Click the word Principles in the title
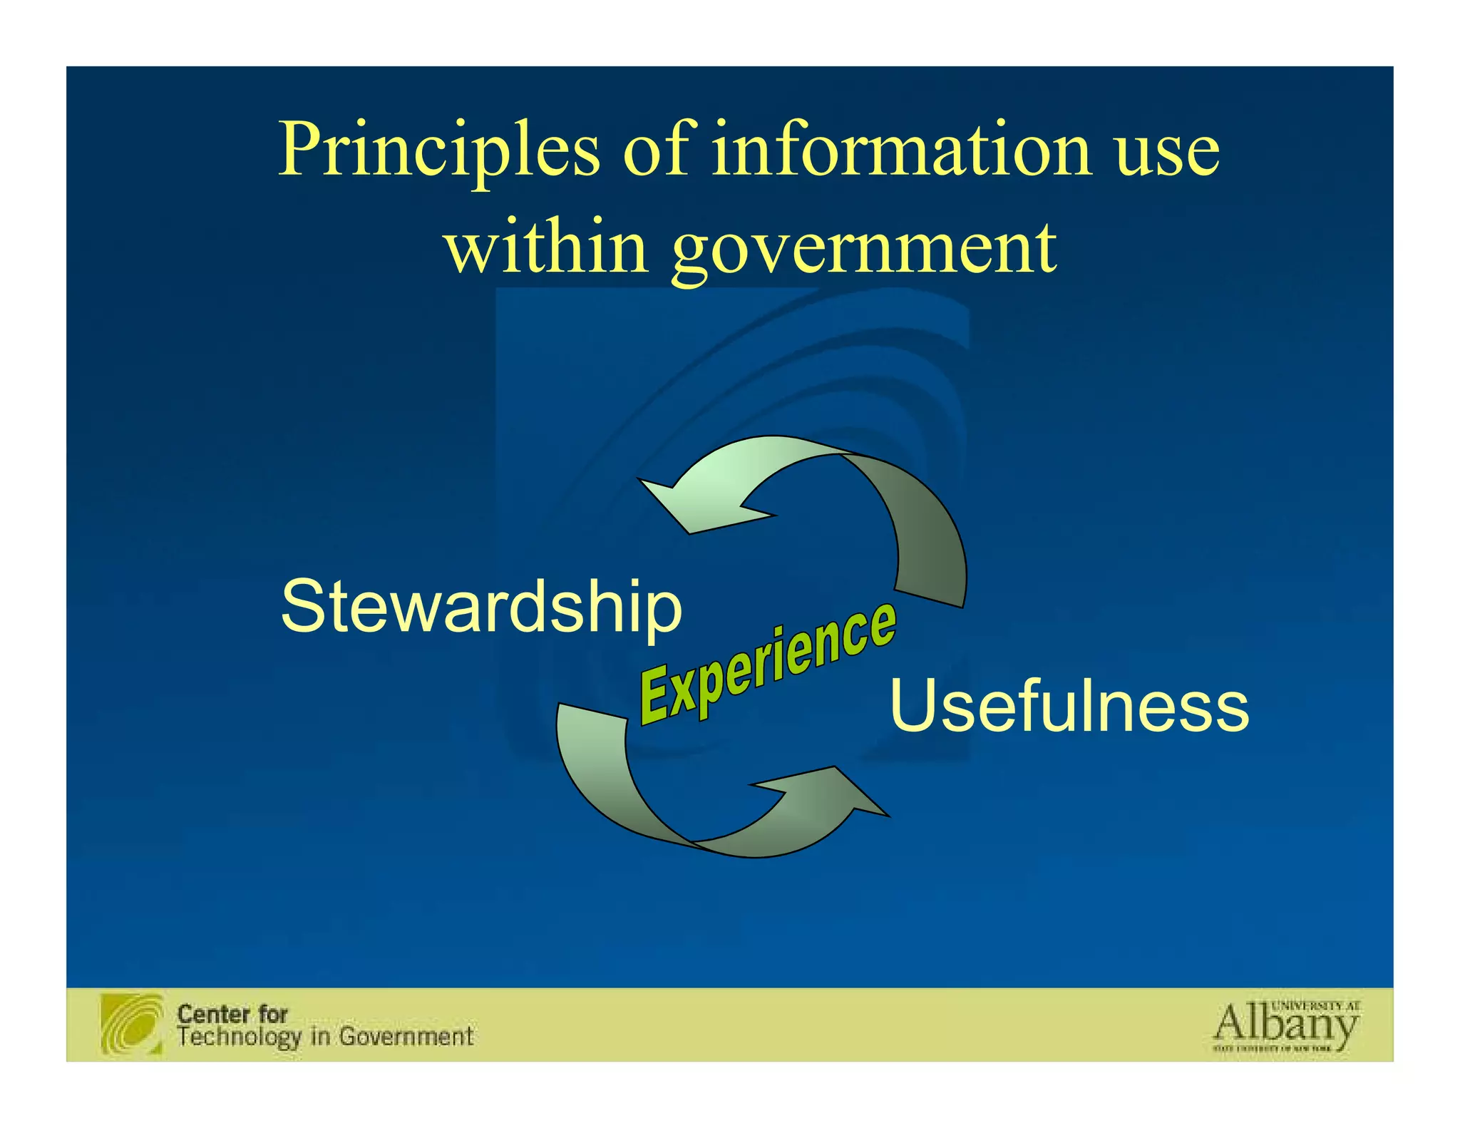pos(438,151)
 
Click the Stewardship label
pos(481,607)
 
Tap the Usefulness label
pos(1069,706)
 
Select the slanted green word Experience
pos(767,662)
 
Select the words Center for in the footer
pos(232,1013)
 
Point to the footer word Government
pos(406,1036)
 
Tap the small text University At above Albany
pos(1315,1005)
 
